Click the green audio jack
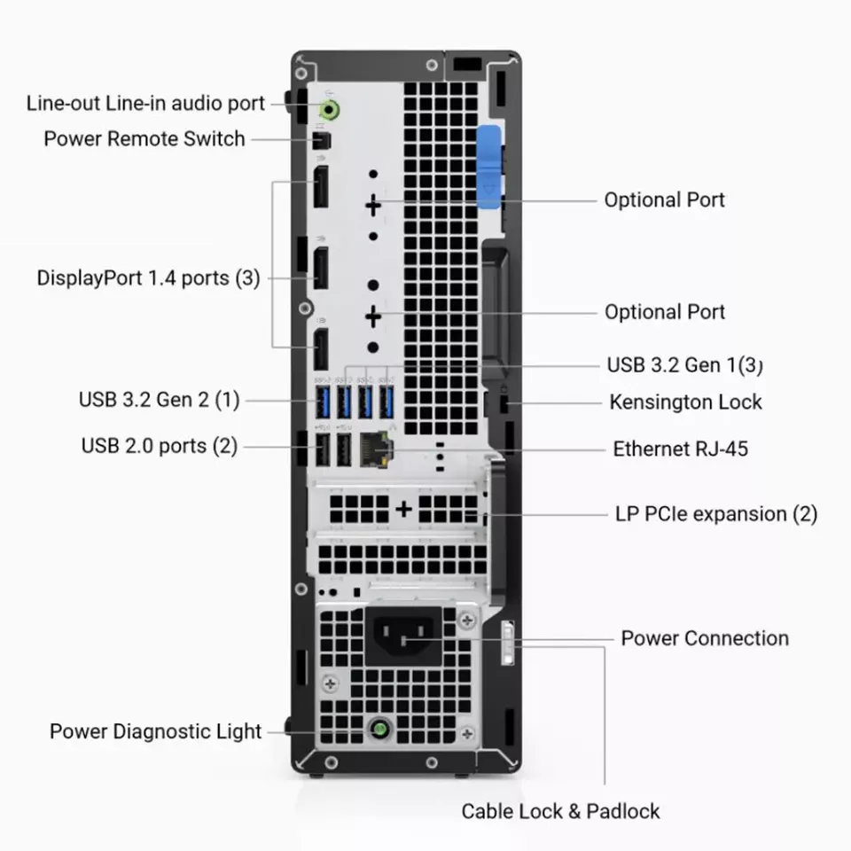[329, 110]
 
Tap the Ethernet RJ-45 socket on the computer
[376, 449]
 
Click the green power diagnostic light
[380, 729]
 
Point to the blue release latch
[488, 167]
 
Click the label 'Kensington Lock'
[685, 402]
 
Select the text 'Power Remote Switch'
[144, 139]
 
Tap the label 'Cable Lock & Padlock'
[560, 811]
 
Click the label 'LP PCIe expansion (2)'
[716, 514]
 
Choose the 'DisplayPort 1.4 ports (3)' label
[148, 277]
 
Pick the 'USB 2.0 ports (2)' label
[160, 446]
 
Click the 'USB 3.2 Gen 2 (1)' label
[159, 400]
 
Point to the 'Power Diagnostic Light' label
[156, 731]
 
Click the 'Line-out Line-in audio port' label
[145, 103]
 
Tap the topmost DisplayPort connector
[321, 187]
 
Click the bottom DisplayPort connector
[321, 349]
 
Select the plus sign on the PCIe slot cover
[403, 509]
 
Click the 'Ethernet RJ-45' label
[681, 449]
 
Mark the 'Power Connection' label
[705, 638]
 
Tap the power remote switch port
[322, 141]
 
